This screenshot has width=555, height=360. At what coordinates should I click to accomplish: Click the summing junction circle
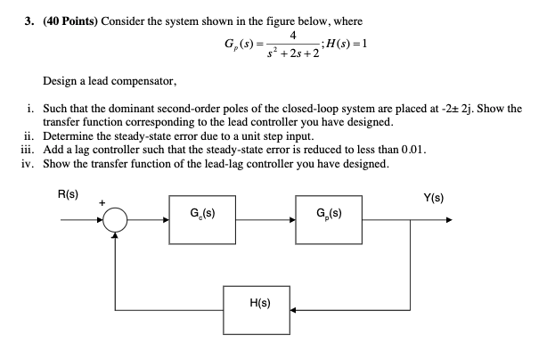point(115,208)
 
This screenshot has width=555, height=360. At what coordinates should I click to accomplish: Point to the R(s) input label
point(68,194)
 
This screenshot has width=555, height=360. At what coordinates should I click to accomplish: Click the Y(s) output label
point(433,198)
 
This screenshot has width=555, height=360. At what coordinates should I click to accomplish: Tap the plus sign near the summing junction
point(102,203)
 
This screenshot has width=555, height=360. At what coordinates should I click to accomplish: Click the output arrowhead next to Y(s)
point(449,220)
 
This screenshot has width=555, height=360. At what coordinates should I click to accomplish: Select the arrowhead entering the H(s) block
point(293,310)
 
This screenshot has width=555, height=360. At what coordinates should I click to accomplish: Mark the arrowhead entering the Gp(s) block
point(292,220)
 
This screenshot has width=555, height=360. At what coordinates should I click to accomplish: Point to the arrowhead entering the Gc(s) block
point(166,220)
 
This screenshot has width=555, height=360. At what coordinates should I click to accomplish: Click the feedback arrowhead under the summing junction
point(115,235)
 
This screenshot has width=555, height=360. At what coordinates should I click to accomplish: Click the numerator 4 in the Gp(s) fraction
point(293,36)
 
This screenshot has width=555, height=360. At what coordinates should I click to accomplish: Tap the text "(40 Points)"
point(70,21)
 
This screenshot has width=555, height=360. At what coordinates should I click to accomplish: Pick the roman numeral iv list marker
point(28,164)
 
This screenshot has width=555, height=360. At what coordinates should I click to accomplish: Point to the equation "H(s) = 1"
point(347,44)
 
